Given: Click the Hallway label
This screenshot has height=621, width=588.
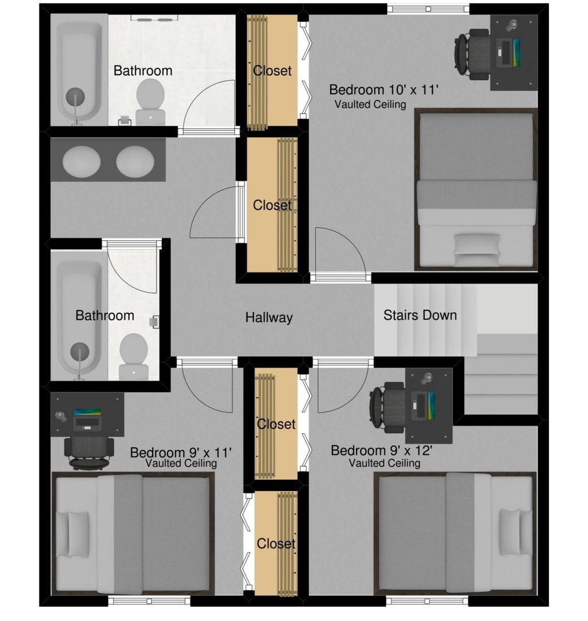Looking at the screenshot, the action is [x=269, y=317].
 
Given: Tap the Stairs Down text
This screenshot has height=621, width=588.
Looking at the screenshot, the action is [x=420, y=315].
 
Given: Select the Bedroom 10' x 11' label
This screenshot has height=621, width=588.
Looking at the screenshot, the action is [x=384, y=90].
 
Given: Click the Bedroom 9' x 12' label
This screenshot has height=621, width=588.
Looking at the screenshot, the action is [x=382, y=450].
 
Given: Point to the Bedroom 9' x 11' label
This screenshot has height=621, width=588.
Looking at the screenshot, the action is [x=181, y=453].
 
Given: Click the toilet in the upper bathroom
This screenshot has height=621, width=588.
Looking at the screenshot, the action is [x=150, y=101].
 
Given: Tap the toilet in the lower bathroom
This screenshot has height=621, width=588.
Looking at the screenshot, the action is [x=134, y=356].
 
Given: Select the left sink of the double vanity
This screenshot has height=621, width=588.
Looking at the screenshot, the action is [x=82, y=161].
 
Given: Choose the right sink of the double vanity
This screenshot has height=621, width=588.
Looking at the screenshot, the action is [x=135, y=161].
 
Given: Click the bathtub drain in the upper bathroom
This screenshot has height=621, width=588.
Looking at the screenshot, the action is [x=75, y=97].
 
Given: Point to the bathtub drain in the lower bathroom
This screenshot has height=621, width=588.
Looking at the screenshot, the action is [x=79, y=352].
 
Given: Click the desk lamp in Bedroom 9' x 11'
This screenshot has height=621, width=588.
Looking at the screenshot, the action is [x=60, y=416].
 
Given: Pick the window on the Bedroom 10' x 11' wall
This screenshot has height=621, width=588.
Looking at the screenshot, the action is [x=428, y=9].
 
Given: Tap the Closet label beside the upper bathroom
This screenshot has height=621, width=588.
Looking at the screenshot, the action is [x=272, y=71].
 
